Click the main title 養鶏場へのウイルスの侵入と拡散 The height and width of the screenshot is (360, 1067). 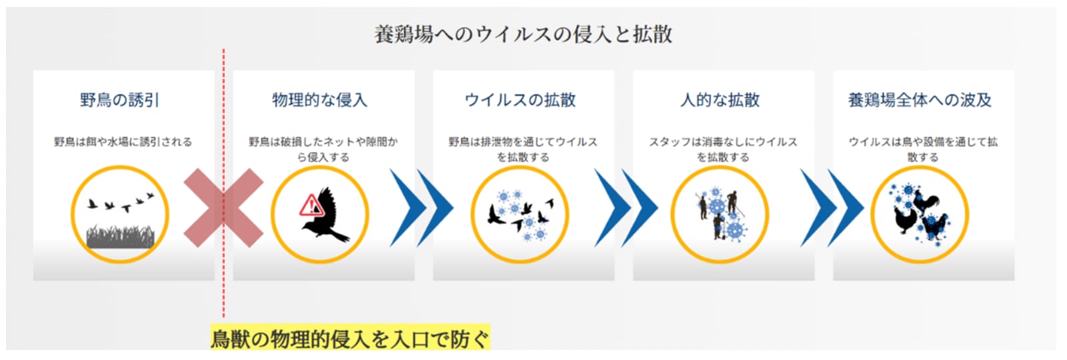tap(523, 35)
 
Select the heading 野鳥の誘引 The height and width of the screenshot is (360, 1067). tap(119, 100)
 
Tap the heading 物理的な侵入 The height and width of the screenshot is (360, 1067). tap(319, 100)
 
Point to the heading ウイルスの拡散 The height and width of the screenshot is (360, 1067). tap(520, 100)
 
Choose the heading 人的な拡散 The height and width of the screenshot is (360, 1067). tap(720, 100)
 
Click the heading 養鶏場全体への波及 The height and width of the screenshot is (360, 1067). tap(920, 100)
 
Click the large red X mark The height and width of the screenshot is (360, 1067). tap(223, 207)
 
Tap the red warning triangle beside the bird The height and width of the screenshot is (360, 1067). tap(311, 205)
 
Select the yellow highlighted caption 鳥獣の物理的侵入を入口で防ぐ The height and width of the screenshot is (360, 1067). tap(350, 339)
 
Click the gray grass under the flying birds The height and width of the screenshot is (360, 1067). tap(121, 237)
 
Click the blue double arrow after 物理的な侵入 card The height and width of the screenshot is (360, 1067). tap(421, 207)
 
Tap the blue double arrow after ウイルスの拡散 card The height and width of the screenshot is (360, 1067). tap(626, 207)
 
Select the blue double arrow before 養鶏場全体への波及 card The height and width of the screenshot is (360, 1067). tap(832, 207)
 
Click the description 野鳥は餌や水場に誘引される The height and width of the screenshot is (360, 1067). tap(123, 142)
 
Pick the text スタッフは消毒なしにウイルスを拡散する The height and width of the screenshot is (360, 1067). tap(723, 149)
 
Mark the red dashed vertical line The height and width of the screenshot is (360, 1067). tap(223, 183)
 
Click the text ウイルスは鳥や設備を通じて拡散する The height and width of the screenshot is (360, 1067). tap(923, 149)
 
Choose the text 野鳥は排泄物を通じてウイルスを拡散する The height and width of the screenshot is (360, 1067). tap(523, 149)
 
